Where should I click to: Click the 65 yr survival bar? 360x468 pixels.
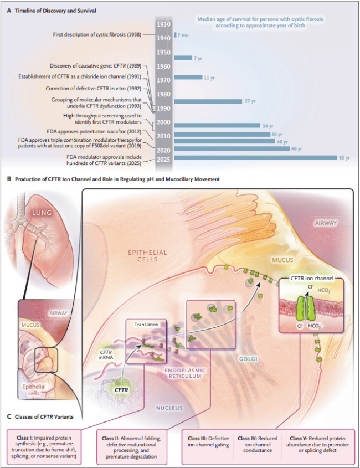(x=255, y=158)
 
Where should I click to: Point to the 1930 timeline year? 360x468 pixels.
(x=163, y=25)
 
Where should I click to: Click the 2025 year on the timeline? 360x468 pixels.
(x=163, y=159)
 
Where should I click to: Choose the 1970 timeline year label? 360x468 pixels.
(x=163, y=80)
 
